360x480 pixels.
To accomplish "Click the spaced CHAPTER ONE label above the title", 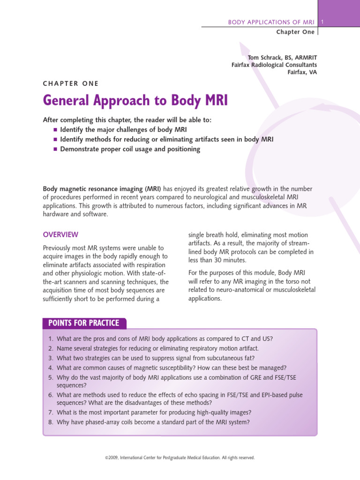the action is (x=71, y=83).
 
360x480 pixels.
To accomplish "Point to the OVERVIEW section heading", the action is (x=60, y=234).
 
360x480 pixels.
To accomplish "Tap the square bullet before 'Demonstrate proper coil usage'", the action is (x=55, y=149).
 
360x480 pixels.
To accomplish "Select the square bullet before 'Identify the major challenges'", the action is (x=55, y=129).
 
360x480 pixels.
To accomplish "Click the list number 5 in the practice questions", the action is (x=50, y=377).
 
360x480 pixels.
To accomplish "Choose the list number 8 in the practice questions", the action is (x=50, y=421).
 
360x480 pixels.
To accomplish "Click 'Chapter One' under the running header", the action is (x=296, y=32).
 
